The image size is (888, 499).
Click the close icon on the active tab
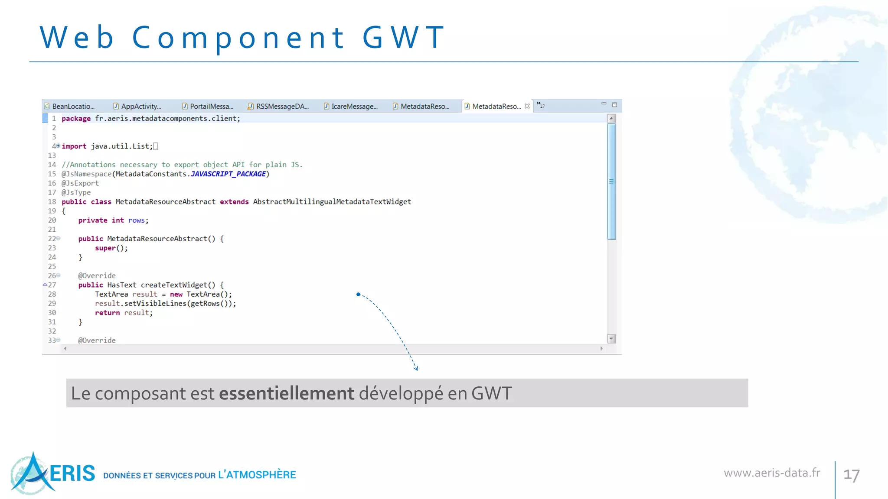coord(527,106)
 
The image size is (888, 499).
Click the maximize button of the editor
coord(614,104)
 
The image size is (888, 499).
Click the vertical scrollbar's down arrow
coord(611,338)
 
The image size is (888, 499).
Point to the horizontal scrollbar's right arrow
coord(601,349)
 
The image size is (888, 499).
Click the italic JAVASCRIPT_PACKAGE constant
coord(228,174)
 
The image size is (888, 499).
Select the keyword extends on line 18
coord(234,202)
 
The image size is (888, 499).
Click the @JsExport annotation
coord(80,183)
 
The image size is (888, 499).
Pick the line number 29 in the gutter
coord(52,304)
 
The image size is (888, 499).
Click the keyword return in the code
coord(107,313)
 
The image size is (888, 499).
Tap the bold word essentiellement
coord(287,393)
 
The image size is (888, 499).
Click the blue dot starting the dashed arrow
coord(358,295)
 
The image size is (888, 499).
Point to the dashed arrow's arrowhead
coord(416,369)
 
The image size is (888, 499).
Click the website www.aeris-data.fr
coord(772,473)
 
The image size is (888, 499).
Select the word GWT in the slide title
coord(404,37)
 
